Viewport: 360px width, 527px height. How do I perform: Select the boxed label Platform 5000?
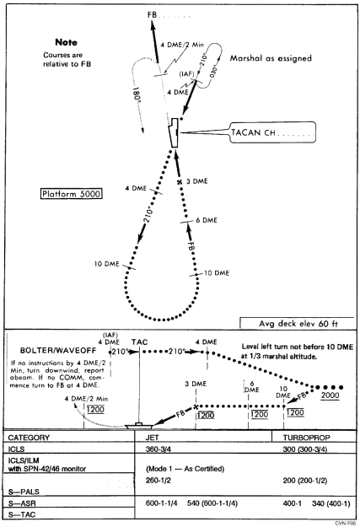point(72,194)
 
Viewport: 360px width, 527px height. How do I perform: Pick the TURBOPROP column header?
point(304,438)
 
